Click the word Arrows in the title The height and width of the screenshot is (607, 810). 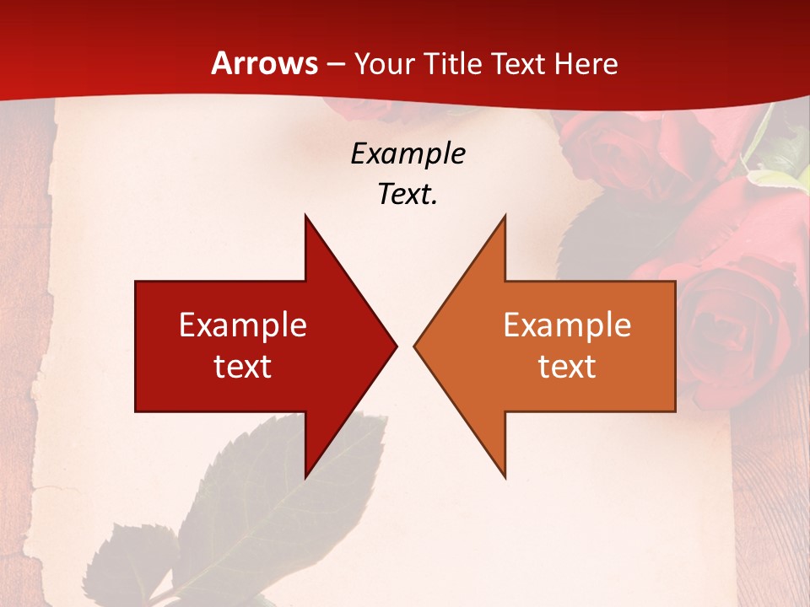tap(264, 63)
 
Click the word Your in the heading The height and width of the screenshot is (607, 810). tap(384, 63)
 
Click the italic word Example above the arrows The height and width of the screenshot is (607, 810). tap(408, 153)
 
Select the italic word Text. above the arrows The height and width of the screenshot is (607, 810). tap(408, 195)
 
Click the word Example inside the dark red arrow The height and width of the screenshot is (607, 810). tap(242, 325)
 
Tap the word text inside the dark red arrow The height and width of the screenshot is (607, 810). tap(242, 367)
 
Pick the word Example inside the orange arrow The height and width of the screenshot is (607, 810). tap(567, 325)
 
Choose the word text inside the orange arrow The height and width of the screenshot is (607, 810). tap(567, 367)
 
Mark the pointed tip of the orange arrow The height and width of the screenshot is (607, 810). tap(415, 346)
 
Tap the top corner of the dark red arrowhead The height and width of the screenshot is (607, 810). tap(305, 217)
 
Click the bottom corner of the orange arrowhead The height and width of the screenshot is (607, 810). tap(505, 477)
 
